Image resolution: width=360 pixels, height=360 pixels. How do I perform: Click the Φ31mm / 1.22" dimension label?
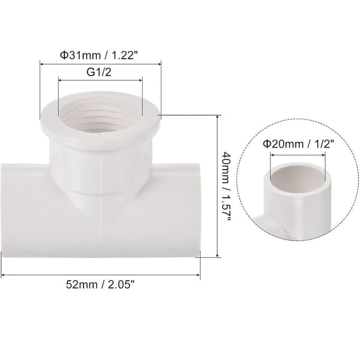(x=99, y=55)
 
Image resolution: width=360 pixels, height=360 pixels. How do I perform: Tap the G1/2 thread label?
(x=99, y=72)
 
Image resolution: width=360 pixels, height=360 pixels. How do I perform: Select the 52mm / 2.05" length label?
(x=100, y=284)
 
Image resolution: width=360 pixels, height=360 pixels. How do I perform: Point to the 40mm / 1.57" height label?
(x=226, y=186)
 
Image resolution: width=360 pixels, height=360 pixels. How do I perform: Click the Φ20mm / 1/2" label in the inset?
(x=298, y=144)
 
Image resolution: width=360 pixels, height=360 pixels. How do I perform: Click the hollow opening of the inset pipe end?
(x=298, y=178)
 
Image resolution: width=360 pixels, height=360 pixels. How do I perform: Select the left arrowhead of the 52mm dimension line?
(x=3, y=275)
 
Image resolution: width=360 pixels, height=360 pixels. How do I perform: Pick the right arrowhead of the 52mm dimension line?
(x=198, y=275)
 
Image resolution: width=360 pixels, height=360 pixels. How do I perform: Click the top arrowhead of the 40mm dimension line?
(x=218, y=117)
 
